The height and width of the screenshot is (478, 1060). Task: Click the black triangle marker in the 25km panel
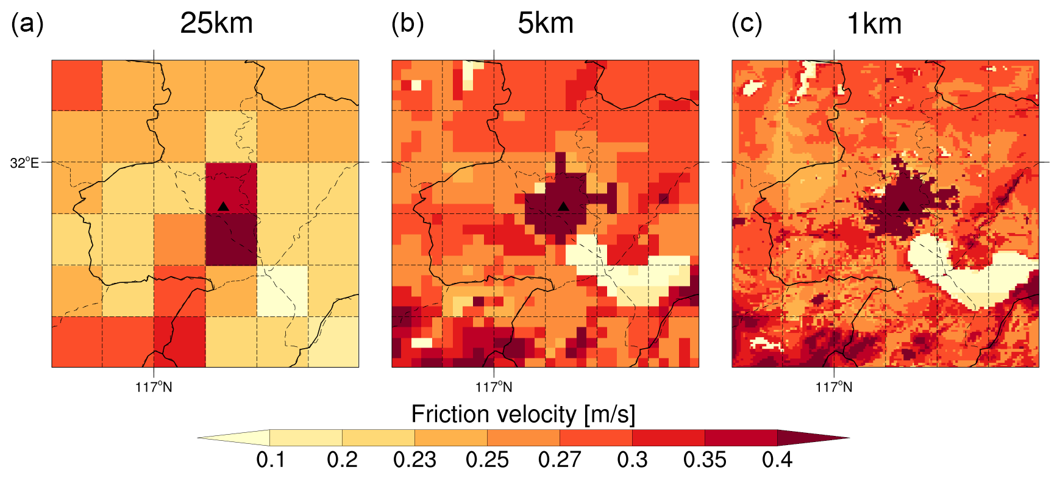click(x=223, y=207)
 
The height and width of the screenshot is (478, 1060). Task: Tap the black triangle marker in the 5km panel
click(x=563, y=207)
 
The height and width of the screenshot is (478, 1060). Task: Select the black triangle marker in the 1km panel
click(x=903, y=207)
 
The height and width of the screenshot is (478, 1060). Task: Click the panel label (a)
click(x=27, y=24)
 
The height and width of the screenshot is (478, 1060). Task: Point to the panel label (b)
click(x=407, y=24)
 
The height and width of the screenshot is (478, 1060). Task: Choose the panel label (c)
click(x=747, y=24)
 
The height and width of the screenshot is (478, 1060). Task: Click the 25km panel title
click(x=216, y=24)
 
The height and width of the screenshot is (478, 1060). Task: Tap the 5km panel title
click(x=546, y=24)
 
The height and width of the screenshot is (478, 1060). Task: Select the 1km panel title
click(x=874, y=24)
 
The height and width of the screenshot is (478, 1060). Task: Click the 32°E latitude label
click(x=24, y=163)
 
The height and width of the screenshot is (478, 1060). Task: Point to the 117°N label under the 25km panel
click(x=154, y=387)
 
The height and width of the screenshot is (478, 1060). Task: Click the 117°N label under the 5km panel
click(x=494, y=387)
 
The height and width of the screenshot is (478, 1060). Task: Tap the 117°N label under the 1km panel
click(x=834, y=387)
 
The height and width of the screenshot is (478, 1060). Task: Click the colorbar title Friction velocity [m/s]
click(x=523, y=415)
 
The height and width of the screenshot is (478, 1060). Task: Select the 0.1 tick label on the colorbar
click(x=270, y=459)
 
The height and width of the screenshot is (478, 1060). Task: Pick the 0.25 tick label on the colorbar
click(x=487, y=459)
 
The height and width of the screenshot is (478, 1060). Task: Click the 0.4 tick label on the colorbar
click(x=777, y=459)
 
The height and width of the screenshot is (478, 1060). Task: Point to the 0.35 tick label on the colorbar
click(x=705, y=459)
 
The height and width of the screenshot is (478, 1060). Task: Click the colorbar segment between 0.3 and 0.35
click(x=668, y=438)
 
